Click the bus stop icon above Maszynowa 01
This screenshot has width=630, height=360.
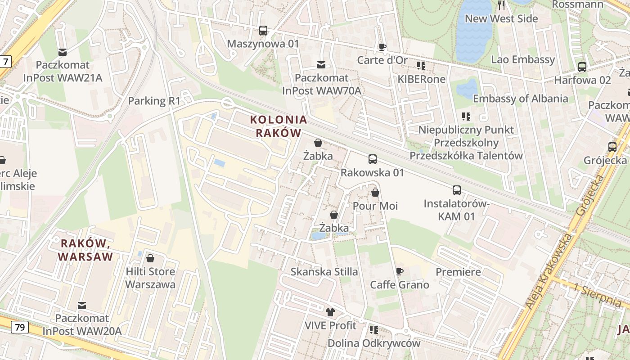(263, 31)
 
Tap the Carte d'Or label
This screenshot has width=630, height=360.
(382, 60)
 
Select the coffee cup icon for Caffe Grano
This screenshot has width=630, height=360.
(399, 271)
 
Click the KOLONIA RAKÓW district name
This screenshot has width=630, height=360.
(279, 126)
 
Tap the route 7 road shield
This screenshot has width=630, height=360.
(5, 62)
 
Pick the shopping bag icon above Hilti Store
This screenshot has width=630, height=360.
(150, 258)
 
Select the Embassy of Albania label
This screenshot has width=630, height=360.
(520, 99)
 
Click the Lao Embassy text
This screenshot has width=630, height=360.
(523, 59)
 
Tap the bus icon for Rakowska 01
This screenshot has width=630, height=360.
(373, 159)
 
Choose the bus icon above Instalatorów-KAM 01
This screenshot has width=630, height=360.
(457, 190)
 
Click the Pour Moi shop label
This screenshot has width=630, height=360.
(375, 206)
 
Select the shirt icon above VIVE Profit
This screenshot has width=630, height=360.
(330, 312)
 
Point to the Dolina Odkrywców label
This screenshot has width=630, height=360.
(373, 343)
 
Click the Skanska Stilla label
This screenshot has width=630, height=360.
(324, 272)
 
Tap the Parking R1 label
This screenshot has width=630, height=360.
(154, 101)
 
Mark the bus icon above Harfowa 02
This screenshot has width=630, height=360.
(582, 67)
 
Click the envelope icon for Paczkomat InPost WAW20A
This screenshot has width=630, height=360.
(82, 306)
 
